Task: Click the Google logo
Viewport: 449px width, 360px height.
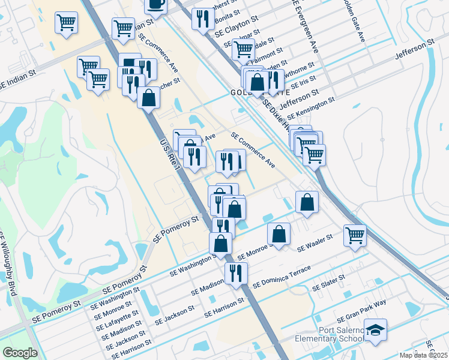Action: click(x=20, y=353)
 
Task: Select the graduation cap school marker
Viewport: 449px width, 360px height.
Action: click(x=375, y=329)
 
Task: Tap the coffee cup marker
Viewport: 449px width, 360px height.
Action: click(x=155, y=5)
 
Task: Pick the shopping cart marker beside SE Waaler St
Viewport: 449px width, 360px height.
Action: click(x=355, y=235)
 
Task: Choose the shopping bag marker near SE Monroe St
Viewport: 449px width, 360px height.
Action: click(x=279, y=235)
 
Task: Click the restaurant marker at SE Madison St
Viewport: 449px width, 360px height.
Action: click(x=236, y=273)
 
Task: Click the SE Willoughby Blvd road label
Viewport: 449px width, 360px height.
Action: click(x=8, y=264)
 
